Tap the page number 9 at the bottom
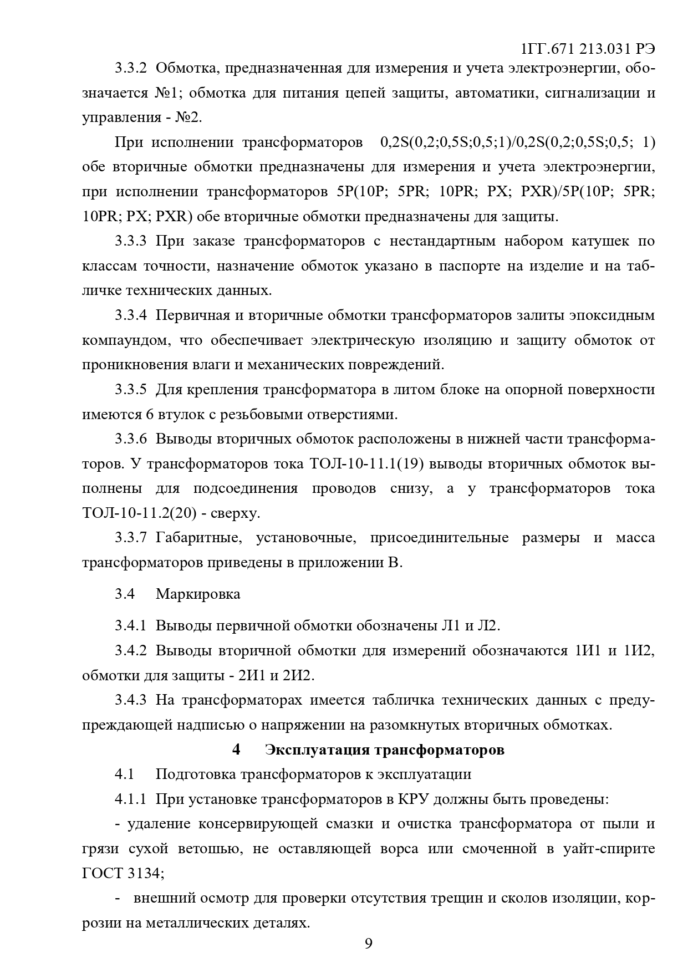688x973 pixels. (x=369, y=944)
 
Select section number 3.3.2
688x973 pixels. (x=131, y=68)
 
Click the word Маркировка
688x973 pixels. (x=198, y=594)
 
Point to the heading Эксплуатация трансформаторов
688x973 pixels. (x=385, y=750)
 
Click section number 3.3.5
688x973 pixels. (x=131, y=390)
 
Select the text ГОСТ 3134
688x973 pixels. (x=121, y=873)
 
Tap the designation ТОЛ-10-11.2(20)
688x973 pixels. (x=139, y=513)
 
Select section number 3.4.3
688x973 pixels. (x=131, y=700)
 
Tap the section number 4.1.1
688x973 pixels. (x=131, y=799)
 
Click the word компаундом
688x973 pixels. (x=126, y=340)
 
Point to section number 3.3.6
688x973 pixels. (x=131, y=439)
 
